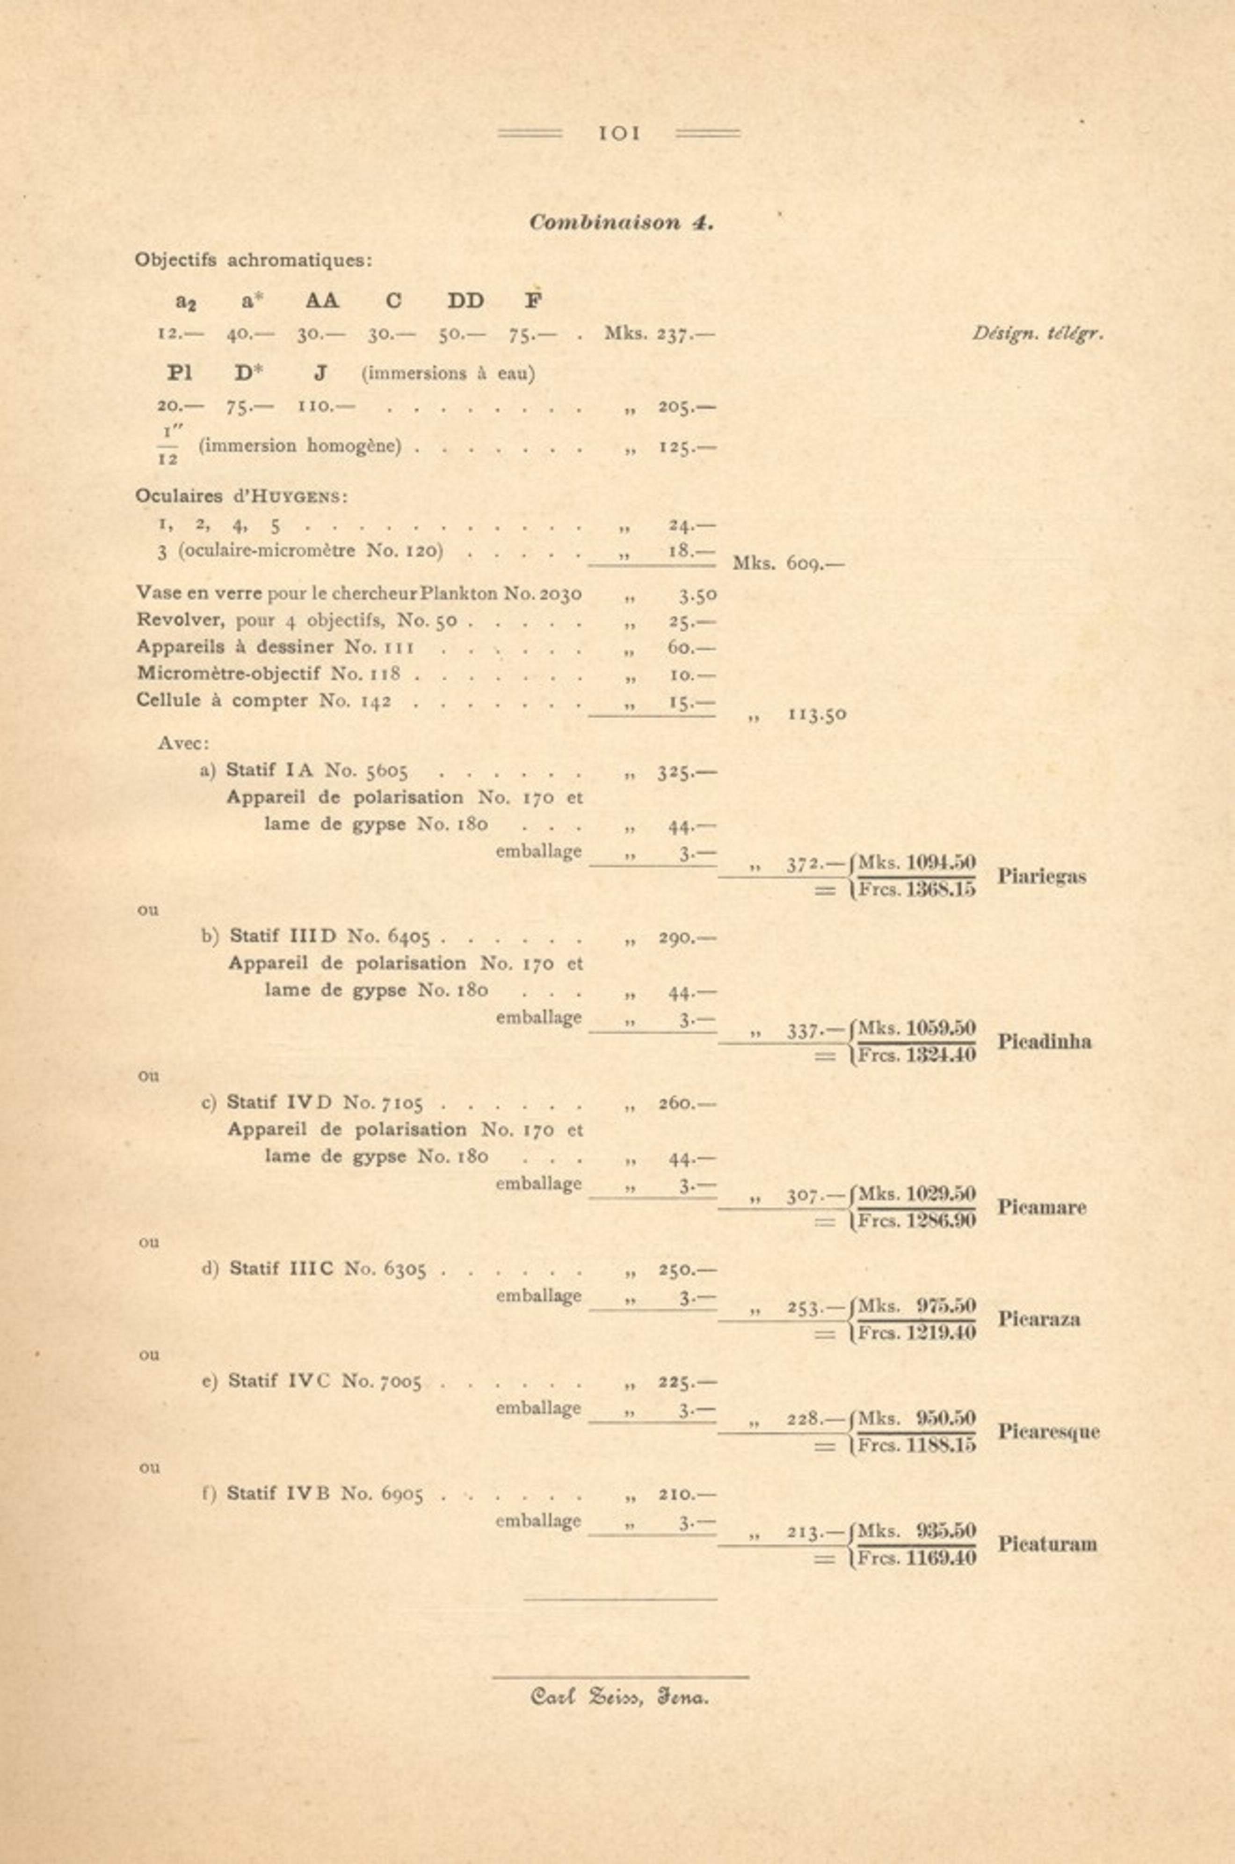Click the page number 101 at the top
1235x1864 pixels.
[619, 134]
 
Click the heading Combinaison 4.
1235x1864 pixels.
[621, 223]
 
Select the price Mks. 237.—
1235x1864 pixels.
[659, 334]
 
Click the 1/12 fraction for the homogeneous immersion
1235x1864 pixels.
[168, 446]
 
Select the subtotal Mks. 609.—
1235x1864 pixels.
[788, 564]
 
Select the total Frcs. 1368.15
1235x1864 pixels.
[917, 891]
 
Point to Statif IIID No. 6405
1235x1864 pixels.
[329, 937]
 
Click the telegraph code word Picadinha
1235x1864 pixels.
[1045, 1042]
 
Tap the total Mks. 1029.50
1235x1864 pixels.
[917, 1194]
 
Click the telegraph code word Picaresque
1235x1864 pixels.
[1048, 1432]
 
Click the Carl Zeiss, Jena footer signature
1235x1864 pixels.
[620, 1699]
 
